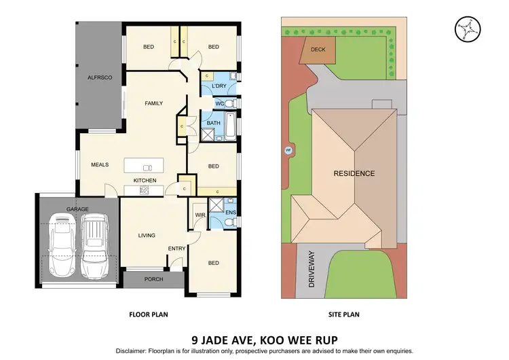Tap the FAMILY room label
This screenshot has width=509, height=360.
(154, 103)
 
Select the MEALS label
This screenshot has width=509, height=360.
(100, 164)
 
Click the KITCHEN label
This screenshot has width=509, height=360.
(145, 180)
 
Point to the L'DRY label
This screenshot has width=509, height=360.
(219, 86)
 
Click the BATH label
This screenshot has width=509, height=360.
(213, 123)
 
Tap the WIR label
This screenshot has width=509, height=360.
(200, 215)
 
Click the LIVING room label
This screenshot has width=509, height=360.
(147, 236)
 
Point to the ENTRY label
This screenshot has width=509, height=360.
(176, 249)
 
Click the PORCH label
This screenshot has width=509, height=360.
(153, 279)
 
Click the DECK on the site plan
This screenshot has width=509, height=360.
(318, 50)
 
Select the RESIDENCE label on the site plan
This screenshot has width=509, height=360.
(354, 173)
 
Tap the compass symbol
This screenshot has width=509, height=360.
(466, 27)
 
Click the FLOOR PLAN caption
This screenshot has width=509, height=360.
(149, 314)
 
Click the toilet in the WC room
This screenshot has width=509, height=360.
(230, 103)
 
